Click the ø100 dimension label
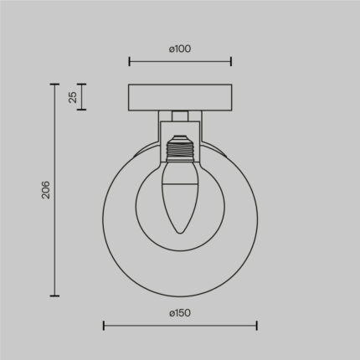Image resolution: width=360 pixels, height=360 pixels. [180, 49]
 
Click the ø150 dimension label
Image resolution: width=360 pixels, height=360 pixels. [180, 313]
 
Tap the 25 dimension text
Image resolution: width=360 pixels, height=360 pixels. [73, 97]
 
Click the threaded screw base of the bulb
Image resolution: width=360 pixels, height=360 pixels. [180, 152]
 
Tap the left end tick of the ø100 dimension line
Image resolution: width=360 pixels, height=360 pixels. [129, 60]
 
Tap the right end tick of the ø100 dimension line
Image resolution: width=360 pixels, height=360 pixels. [231, 60]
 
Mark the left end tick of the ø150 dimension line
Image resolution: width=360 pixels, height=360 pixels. [103, 325]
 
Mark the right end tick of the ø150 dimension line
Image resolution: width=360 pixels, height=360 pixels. [257, 325]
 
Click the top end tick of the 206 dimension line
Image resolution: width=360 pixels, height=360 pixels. [55, 84]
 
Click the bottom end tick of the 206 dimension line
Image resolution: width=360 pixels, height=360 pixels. [55, 296]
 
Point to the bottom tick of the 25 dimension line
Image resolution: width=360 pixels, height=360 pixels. [83, 110]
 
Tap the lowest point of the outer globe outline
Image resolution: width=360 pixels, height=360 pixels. [180, 296]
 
